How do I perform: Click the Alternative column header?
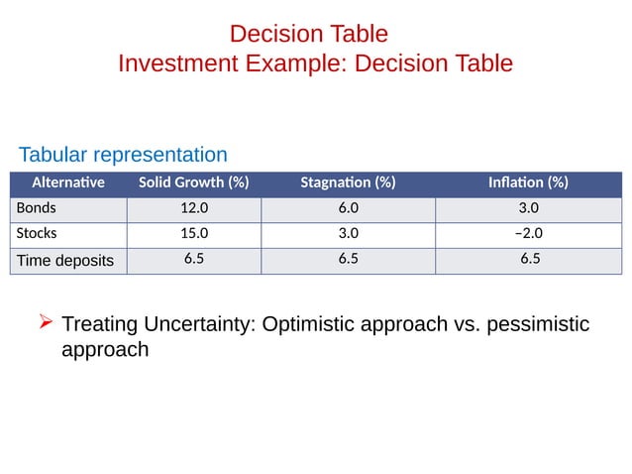[x=68, y=182]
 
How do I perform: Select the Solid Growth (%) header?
[x=193, y=182]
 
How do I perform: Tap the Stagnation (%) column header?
[x=348, y=182]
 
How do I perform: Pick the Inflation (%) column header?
[x=528, y=182]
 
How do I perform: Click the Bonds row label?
[x=37, y=209]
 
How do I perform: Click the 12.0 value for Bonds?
[x=193, y=209]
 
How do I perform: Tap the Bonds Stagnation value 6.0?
[x=348, y=209]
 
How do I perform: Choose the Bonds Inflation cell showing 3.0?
[x=529, y=209]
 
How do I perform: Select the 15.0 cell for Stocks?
[x=193, y=234]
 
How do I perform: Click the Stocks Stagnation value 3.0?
[x=348, y=234]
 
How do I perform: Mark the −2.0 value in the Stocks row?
[x=529, y=234]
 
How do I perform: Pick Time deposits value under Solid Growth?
[x=193, y=260]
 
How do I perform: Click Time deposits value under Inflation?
[x=529, y=260]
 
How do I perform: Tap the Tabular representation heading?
[x=123, y=155]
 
